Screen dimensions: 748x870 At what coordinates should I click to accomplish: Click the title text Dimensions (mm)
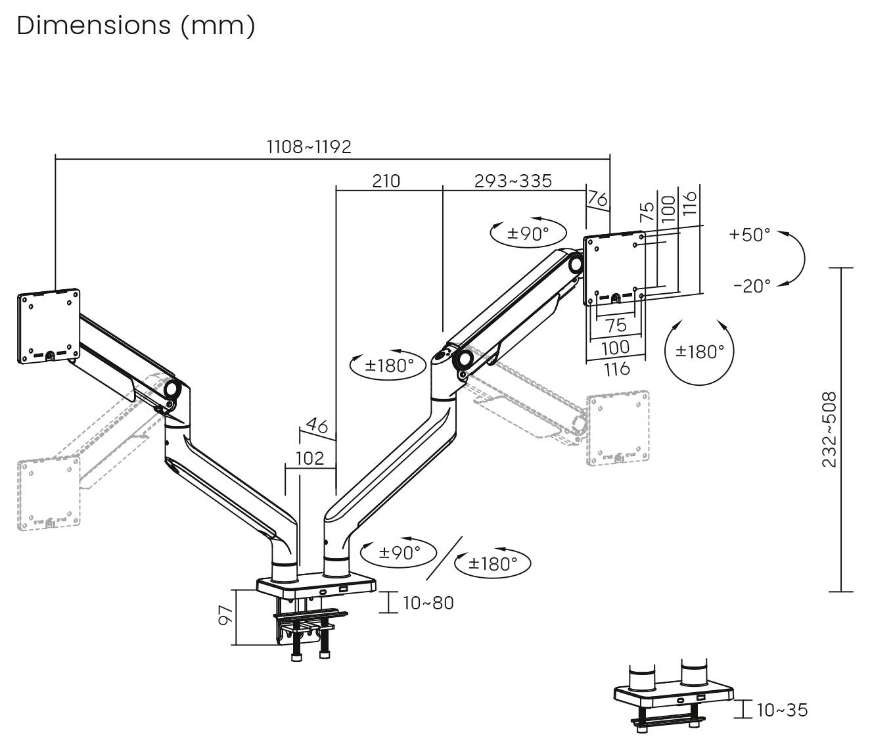[135, 26]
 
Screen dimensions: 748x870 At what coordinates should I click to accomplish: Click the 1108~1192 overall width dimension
[308, 147]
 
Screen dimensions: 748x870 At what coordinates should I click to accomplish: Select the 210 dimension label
[386, 181]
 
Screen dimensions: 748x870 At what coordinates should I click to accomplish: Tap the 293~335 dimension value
[513, 181]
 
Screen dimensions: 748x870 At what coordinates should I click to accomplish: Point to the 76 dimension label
[597, 198]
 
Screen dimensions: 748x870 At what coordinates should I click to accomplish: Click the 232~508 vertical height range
[830, 429]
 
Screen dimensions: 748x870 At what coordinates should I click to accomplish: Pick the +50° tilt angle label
[749, 235]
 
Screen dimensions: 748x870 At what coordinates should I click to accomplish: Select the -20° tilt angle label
[752, 286]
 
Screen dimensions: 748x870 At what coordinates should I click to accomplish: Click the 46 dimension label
[317, 426]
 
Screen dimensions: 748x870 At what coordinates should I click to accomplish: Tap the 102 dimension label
[309, 457]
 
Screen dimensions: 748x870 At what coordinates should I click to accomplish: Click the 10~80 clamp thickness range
[428, 603]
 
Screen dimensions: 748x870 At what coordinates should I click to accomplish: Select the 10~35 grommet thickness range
[782, 710]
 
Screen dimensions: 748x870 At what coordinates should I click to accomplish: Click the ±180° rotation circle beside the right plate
[699, 352]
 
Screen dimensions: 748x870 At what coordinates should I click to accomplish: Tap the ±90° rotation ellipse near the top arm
[528, 233]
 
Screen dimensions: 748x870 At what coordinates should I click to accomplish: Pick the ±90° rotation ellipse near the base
[399, 553]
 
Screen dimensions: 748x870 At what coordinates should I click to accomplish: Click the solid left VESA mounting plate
[49, 326]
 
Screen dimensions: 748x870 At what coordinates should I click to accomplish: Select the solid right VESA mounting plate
[614, 268]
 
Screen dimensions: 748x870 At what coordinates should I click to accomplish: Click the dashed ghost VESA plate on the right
[618, 429]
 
